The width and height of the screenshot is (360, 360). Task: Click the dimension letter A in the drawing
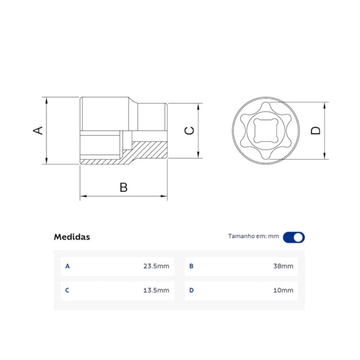tap(38, 131)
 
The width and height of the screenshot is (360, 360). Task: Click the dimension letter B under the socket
tap(124, 187)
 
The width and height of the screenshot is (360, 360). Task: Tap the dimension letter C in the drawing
tap(189, 131)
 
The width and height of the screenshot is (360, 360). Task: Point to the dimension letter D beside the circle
tap(315, 131)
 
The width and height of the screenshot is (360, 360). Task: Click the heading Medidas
tap(71, 237)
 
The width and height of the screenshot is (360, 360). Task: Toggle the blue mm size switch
tap(294, 237)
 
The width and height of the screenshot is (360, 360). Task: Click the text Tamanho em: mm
tap(254, 236)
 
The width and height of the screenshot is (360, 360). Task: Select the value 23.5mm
tap(156, 266)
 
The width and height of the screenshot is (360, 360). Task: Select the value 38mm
tap(283, 266)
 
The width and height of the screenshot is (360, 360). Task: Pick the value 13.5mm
tap(156, 290)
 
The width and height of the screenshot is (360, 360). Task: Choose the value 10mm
tap(283, 290)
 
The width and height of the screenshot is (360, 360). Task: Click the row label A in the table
tap(68, 266)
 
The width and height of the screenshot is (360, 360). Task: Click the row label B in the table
tap(192, 266)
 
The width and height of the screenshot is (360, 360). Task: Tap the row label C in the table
tap(68, 290)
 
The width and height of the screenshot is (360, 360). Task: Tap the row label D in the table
tap(192, 290)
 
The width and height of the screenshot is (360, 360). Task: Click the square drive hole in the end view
tap(265, 131)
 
